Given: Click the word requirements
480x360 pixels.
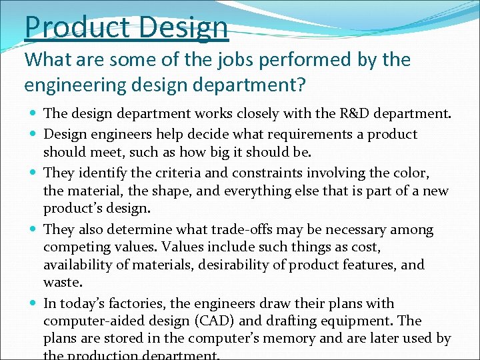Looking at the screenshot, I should click(275, 134).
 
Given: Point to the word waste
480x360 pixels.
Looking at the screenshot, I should click(62, 282).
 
